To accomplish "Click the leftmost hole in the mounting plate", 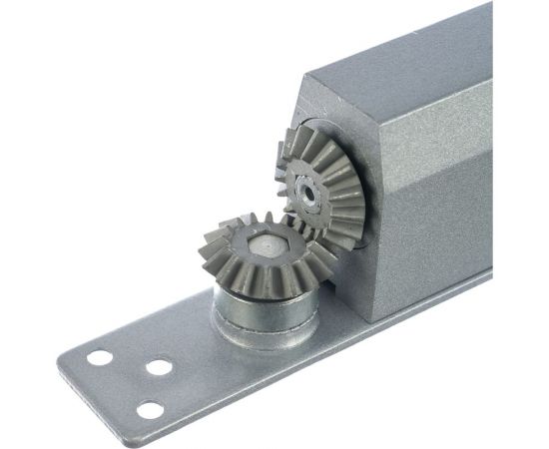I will pyautogui.click(x=99, y=356).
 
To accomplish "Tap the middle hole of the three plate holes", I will pyautogui.click(x=157, y=367).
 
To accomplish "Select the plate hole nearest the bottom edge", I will pyautogui.click(x=150, y=409).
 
